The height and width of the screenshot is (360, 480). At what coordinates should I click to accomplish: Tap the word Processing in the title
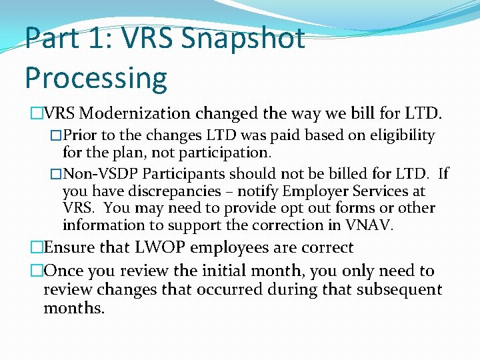(96, 77)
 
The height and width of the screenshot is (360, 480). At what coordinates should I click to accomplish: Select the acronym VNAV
(367, 225)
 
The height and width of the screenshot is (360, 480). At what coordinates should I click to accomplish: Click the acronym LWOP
(160, 248)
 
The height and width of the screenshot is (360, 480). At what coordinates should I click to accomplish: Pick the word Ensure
(69, 248)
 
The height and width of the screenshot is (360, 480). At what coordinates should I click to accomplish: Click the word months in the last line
(73, 308)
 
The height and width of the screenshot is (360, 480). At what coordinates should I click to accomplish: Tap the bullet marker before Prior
(57, 136)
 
